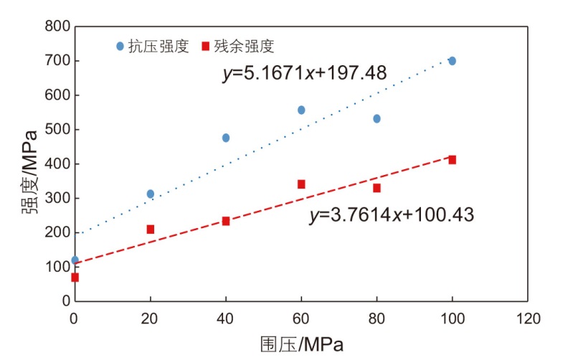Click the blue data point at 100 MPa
click(x=452, y=61)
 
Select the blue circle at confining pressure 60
click(x=301, y=110)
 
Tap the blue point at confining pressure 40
click(x=226, y=138)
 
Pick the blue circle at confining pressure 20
click(x=151, y=194)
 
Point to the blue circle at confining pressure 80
click(x=377, y=118)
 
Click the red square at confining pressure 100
click(x=452, y=159)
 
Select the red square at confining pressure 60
click(x=301, y=184)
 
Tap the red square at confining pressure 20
click(x=151, y=229)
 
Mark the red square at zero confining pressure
click(x=75, y=277)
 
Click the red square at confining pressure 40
click(x=226, y=221)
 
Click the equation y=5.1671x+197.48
click(x=306, y=72)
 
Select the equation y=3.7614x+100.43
click(x=392, y=214)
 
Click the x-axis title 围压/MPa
click(x=301, y=344)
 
